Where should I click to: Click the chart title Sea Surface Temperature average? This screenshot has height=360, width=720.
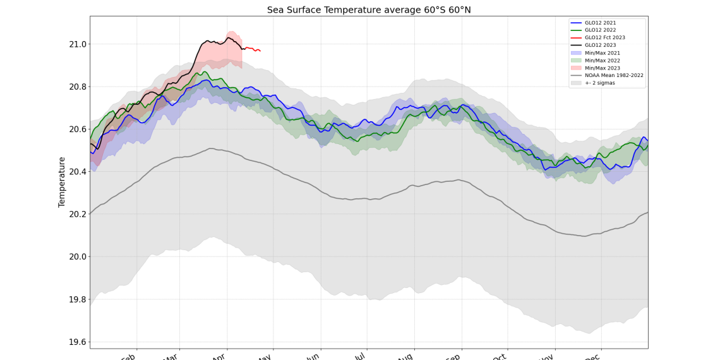(369, 9)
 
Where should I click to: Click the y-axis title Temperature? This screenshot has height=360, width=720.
(62, 182)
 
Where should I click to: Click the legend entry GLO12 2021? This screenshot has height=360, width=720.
(600, 23)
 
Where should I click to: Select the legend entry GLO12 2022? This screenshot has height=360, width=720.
(600, 30)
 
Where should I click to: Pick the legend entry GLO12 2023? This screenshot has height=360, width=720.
(600, 45)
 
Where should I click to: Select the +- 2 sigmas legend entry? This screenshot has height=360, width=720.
(600, 83)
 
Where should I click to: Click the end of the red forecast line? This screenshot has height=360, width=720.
(260, 51)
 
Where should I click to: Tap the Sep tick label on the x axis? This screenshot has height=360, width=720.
(452, 357)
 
